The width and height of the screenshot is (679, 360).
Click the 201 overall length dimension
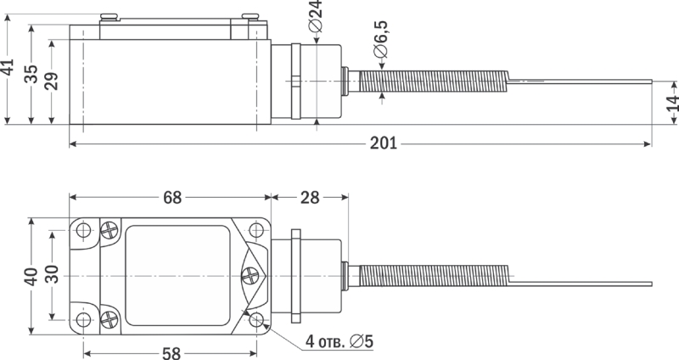point(384,143)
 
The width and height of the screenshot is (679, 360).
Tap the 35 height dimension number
point(31,74)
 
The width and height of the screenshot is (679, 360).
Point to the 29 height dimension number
point(52,81)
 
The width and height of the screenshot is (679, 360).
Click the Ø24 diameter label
point(316,16)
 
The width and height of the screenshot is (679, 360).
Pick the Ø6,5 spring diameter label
point(381,39)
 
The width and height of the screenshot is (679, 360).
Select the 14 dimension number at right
point(672,103)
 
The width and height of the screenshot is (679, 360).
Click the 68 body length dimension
point(172,198)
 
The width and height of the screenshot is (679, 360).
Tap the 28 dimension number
point(310,198)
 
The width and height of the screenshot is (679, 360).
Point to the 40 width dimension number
point(31,277)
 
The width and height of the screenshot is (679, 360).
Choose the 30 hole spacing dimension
point(52,273)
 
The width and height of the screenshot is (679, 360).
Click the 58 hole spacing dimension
point(171,353)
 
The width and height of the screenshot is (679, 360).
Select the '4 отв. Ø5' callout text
point(339,342)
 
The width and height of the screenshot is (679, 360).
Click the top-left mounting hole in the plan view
point(83,229)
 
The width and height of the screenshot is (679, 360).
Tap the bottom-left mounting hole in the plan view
point(83,320)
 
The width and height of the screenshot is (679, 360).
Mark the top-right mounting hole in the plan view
point(256,229)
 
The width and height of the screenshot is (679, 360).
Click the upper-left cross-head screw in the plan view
point(109,229)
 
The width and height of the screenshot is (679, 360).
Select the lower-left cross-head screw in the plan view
point(109,320)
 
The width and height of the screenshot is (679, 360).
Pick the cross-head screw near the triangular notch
point(250,276)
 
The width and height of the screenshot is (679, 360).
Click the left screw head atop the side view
point(109,17)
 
